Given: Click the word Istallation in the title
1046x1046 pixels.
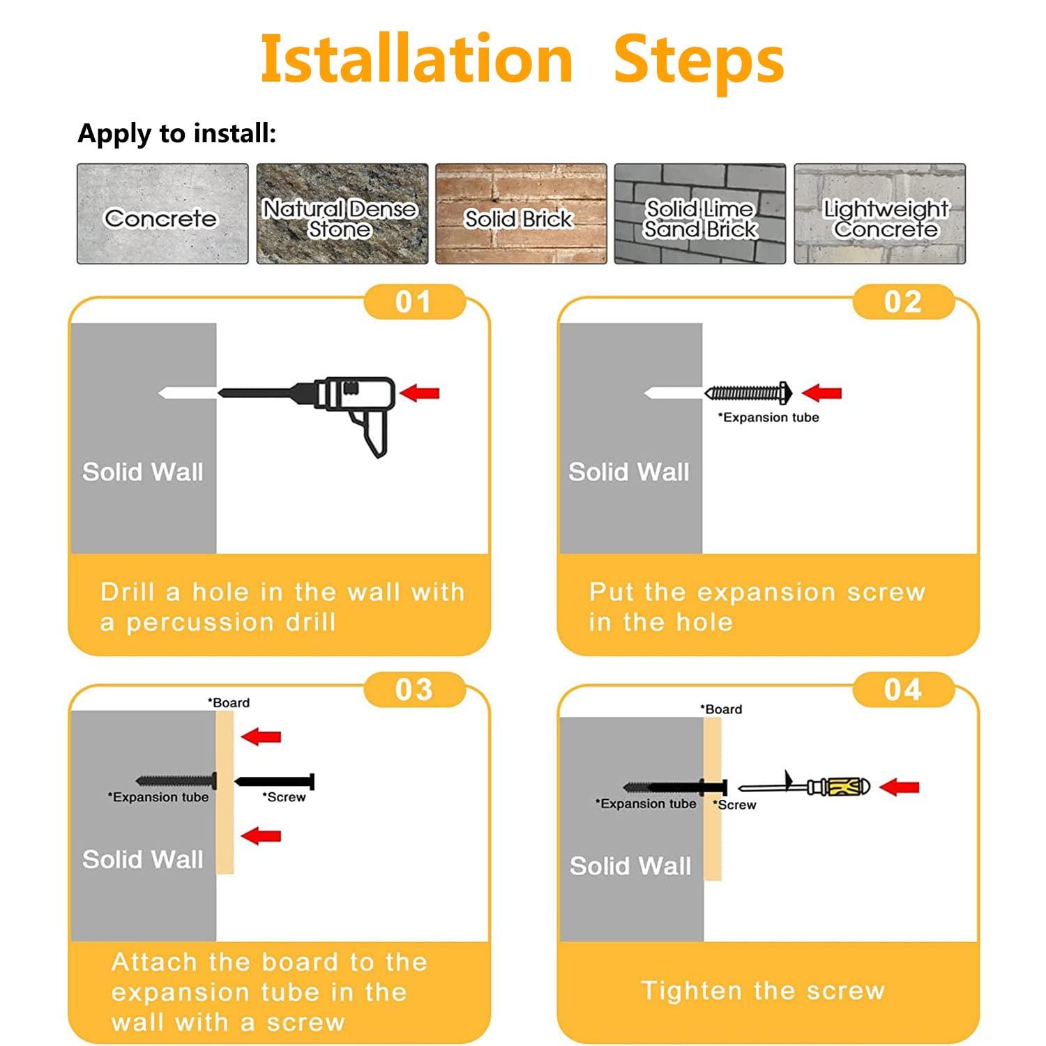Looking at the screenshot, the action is pos(416,59).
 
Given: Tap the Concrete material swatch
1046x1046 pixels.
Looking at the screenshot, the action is pos(162,214).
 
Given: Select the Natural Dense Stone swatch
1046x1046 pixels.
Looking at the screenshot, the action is pos(342,214).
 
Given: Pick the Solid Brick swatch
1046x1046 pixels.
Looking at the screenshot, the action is pos(521,214).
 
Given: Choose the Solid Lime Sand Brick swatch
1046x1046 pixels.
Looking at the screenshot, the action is pos(700,214).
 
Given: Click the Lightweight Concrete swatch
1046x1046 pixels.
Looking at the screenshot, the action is pos(880,214).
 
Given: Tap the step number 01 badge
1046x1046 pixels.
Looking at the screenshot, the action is pos(414,302).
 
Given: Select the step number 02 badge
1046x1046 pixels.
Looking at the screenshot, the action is pos(903,302).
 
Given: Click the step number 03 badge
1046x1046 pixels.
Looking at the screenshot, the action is pos(414,690).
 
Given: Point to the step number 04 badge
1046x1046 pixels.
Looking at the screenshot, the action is pos(903,690).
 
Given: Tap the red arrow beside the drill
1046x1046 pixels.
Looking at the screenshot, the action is pos(419,393).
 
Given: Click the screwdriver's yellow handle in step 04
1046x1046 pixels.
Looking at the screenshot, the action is pos(840,787).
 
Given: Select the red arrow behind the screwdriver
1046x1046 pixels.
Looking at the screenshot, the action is pos(899,787).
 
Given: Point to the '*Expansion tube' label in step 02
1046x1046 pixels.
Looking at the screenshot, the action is pos(768,418).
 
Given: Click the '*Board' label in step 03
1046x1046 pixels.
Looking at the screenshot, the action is pos(228,703).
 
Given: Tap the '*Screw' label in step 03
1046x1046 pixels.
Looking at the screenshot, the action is pos(284,797).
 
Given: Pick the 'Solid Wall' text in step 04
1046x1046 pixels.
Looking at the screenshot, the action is pos(630,866).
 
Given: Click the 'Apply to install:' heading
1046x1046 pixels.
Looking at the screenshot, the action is pos(177,133).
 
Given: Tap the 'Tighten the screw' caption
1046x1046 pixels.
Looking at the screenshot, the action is pos(764,991).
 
